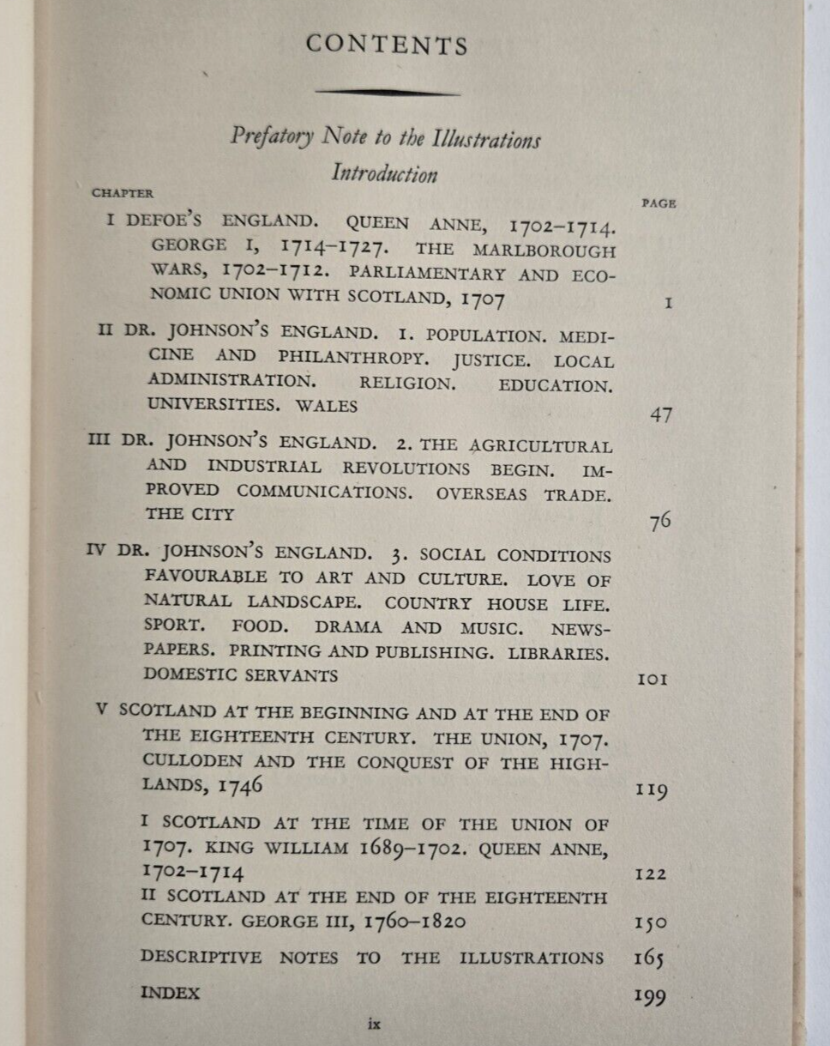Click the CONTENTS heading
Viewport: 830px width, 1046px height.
point(387,45)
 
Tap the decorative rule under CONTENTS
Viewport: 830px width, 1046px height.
point(387,91)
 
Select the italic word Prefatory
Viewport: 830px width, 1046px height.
point(273,136)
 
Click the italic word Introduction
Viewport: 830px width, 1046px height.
point(384,173)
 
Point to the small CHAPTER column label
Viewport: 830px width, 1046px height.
point(123,193)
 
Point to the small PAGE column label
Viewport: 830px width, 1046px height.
point(659,203)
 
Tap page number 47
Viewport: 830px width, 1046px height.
point(661,415)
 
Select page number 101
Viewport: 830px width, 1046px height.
point(653,680)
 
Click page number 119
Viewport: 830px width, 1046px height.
point(651,789)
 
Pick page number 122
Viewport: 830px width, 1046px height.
point(651,874)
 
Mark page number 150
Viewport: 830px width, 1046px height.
point(651,924)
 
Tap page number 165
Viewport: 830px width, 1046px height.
point(650,959)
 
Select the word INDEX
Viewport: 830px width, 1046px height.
point(170,993)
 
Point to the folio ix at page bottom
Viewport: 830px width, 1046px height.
point(373,1024)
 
